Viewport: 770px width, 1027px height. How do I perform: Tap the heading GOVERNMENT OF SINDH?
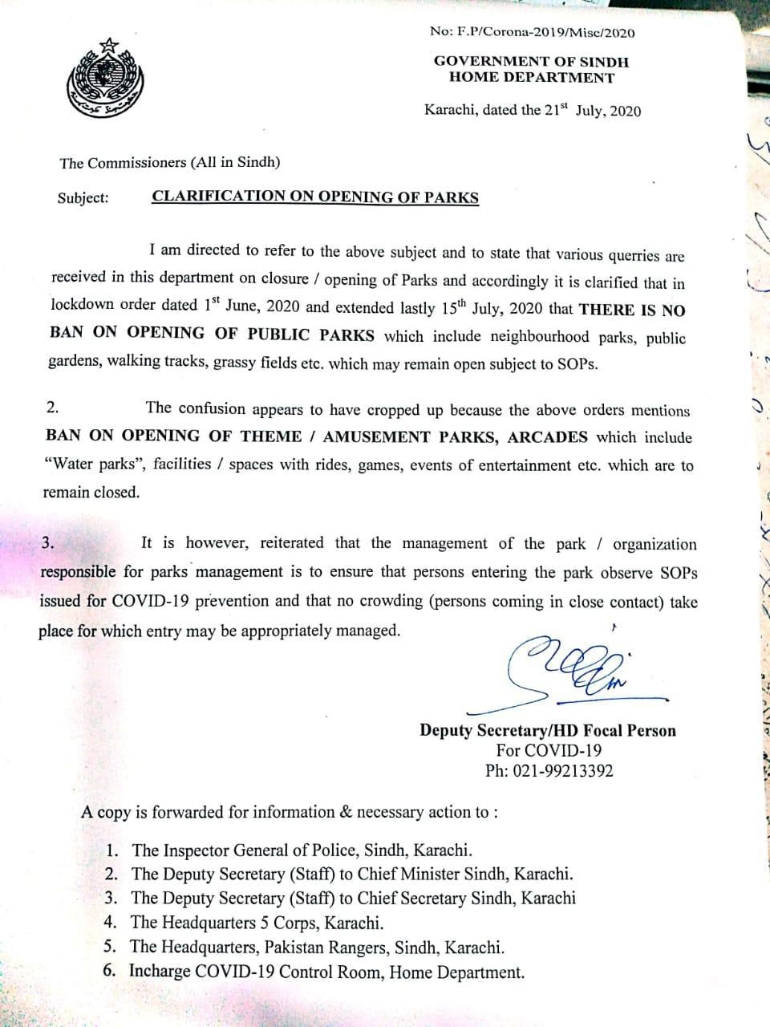coord(532,62)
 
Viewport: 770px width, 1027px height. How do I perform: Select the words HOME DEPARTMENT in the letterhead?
coord(532,78)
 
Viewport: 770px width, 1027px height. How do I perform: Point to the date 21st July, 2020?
coord(594,111)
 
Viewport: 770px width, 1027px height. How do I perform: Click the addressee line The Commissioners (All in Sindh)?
coord(170,162)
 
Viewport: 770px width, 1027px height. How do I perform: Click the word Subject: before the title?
coord(83,197)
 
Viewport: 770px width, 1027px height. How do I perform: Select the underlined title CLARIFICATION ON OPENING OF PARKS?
coord(315,197)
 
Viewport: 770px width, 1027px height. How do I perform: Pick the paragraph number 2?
coord(52,408)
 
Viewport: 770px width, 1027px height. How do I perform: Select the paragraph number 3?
coord(48,542)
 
